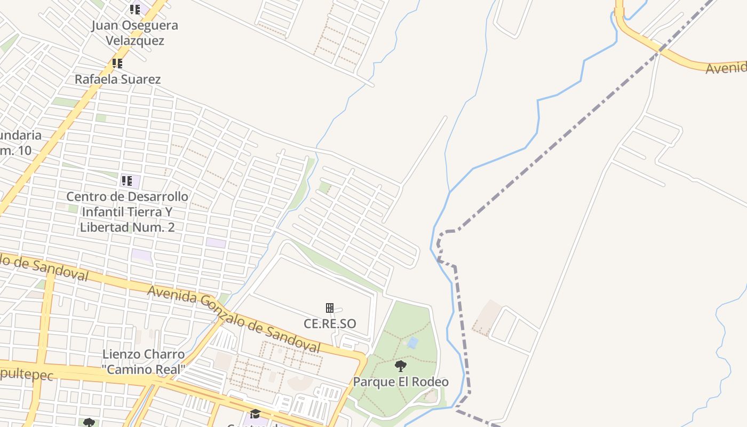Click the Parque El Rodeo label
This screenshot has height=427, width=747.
click(401, 382)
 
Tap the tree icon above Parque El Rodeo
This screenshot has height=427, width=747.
click(401, 366)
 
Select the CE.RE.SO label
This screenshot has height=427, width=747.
click(330, 323)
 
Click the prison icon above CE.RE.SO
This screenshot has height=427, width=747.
click(330, 308)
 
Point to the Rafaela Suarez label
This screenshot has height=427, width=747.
click(117, 79)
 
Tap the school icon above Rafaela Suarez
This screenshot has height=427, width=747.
click(117, 64)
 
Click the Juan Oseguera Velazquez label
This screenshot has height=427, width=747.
click(134, 33)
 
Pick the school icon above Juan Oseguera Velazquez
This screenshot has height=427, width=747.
click(134, 10)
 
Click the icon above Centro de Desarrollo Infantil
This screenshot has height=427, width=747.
click(126, 181)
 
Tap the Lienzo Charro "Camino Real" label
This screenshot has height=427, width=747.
click(144, 361)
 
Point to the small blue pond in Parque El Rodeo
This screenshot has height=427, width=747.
click(412, 342)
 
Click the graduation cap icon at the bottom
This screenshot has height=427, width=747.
click(255, 414)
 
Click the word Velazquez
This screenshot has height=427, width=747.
click(134, 40)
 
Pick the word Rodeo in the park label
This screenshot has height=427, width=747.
click(431, 382)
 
